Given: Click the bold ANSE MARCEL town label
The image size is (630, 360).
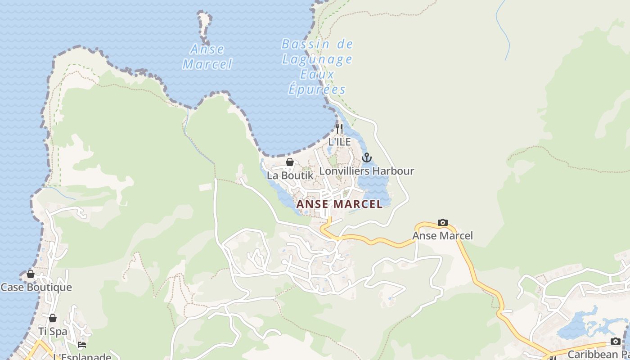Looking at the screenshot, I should click(x=340, y=204).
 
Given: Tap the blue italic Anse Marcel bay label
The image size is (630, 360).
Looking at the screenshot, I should click(x=207, y=56).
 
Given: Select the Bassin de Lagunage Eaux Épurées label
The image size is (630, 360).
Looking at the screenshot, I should click(x=317, y=67).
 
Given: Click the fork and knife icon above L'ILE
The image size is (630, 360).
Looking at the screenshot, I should click(x=339, y=129).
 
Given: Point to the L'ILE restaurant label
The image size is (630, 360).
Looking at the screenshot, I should click(x=339, y=142).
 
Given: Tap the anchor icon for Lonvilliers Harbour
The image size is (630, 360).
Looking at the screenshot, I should click(x=367, y=158).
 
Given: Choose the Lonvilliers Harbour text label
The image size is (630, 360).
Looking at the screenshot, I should click(x=367, y=171).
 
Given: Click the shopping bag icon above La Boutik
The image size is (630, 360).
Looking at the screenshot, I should click(x=290, y=162).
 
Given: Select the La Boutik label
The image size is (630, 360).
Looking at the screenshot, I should click(x=290, y=175).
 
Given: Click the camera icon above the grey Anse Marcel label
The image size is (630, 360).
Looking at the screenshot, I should click(x=443, y=223).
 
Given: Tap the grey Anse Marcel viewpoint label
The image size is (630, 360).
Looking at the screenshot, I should click(x=443, y=236).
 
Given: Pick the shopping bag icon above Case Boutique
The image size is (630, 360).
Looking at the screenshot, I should click(x=31, y=274).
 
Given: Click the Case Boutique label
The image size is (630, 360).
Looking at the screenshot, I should click(x=36, y=287).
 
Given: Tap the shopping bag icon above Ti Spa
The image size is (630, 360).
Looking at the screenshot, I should click(x=53, y=318).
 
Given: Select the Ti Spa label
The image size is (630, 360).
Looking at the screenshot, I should click(x=53, y=332).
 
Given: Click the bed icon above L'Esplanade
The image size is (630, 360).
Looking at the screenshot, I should click(x=81, y=345).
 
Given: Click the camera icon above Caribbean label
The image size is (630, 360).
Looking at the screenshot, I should click(x=615, y=342).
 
